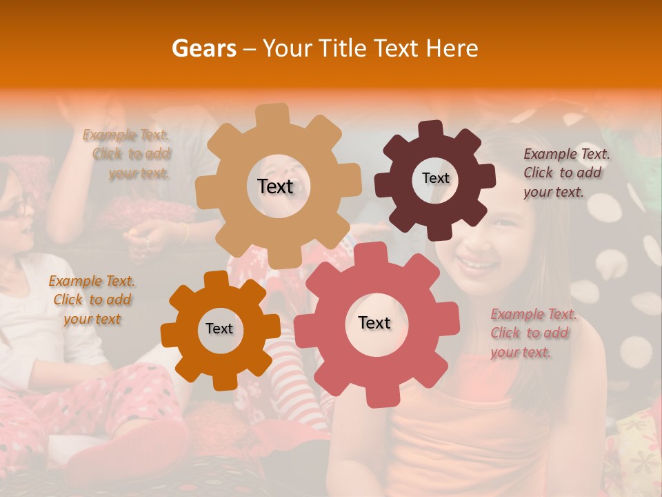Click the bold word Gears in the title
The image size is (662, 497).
[203, 48]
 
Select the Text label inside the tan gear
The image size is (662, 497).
[275, 186]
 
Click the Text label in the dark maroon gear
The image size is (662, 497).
[435, 178]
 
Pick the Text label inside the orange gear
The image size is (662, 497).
[219, 329]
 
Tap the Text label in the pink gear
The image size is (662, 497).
[374, 322]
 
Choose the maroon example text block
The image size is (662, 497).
[565, 173]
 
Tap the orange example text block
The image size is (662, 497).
[92, 300]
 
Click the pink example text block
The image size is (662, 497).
[532, 333]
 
